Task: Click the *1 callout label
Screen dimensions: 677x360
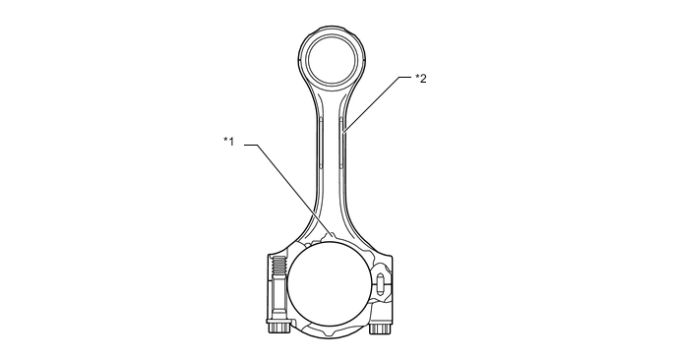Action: (x=228, y=142)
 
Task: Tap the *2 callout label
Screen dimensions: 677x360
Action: (x=421, y=78)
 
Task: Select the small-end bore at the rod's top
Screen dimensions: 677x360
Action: (x=333, y=60)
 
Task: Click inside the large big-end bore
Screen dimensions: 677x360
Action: (x=329, y=284)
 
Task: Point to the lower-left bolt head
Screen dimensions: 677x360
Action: (x=278, y=328)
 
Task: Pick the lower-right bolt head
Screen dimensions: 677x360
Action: (x=380, y=329)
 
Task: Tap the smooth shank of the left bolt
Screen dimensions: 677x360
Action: (x=278, y=299)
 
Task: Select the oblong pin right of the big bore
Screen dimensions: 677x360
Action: (x=380, y=284)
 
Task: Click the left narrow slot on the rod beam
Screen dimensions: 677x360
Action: (x=321, y=143)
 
